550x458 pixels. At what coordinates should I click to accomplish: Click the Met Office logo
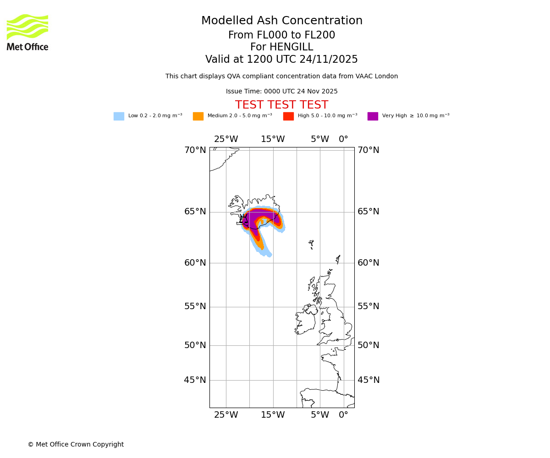pyautogui.click(x=27, y=32)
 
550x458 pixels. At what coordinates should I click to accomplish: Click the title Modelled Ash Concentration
pyautogui.click(x=281, y=21)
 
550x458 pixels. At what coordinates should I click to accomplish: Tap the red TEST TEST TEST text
pyautogui.click(x=281, y=105)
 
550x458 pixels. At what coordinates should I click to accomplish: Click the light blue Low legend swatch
pyautogui.click(x=119, y=116)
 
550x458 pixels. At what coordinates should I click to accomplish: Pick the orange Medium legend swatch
pyautogui.click(x=198, y=116)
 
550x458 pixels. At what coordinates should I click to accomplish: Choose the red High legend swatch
pyautogui.click(x=288, y=116)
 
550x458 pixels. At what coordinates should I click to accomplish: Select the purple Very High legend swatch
pyautogui.click(x=373, y=116)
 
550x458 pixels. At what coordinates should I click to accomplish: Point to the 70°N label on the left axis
pyautogui.click(x=195, y=150)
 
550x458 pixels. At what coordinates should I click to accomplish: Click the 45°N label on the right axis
pyautogui.click(x=368, y=380)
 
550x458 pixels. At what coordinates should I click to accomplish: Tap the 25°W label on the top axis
pyautogui.click(x=226, y=139)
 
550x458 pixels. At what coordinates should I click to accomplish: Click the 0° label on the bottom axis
pyautogui.click(x=343, y=415)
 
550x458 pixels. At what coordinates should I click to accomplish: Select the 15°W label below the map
pyautogui.click(x=273, y=415)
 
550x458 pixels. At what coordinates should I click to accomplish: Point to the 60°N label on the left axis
pyautogui.click(x=195, y=263)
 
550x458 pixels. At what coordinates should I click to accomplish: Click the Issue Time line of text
pyautogui.click(x=281, y=92)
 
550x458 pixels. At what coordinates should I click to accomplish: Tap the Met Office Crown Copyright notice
pyautogui.click(x=76, y=445)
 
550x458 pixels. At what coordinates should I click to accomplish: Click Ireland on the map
pyautogui.click(x=305, y=321)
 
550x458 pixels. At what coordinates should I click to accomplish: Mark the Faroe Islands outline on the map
pyautogui.click(x=311, y=244)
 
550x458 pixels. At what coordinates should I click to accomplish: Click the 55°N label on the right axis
pyautogui.click(x=368, y=306)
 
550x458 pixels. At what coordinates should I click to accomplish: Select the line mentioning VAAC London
pyautogui.click(x=281, y=76)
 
